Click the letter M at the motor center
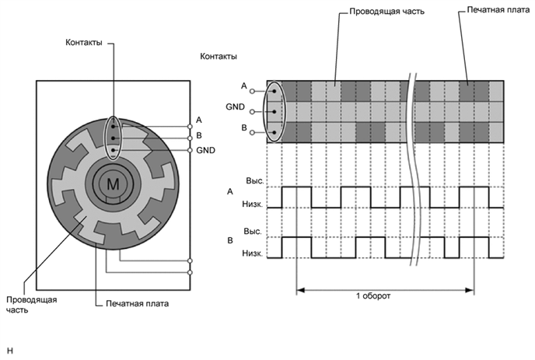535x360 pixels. (113, 184)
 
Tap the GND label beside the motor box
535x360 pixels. (205, 150)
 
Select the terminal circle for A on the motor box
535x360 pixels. (190, 127)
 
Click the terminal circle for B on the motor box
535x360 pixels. (190, 138)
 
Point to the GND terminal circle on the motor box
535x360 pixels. (190, 150)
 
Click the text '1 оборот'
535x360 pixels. (373, 295)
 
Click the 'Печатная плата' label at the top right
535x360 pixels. (498, 10)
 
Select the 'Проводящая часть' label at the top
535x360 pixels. (387, 11)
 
